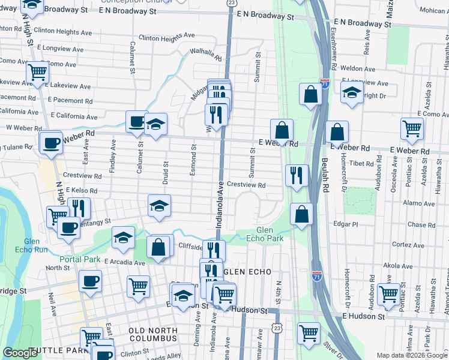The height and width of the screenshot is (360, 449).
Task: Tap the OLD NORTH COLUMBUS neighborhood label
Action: [152, 335]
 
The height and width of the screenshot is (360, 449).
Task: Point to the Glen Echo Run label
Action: [28, 245]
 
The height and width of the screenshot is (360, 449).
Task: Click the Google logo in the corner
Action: [20, 353]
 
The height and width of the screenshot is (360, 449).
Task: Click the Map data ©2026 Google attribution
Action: [412, 355]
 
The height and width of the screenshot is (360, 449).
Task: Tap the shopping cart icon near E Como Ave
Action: [412, 128]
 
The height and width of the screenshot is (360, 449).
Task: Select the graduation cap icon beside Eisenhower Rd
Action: [352, 92]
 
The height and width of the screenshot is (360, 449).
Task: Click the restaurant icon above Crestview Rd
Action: [297, 175]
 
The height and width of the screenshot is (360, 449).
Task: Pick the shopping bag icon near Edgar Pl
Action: [301, 213]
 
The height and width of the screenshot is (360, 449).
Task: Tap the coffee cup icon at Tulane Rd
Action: [51, 142]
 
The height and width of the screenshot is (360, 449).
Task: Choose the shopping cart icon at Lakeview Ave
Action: [37, 72]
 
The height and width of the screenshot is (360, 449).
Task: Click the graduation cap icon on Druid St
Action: [160, 205]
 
